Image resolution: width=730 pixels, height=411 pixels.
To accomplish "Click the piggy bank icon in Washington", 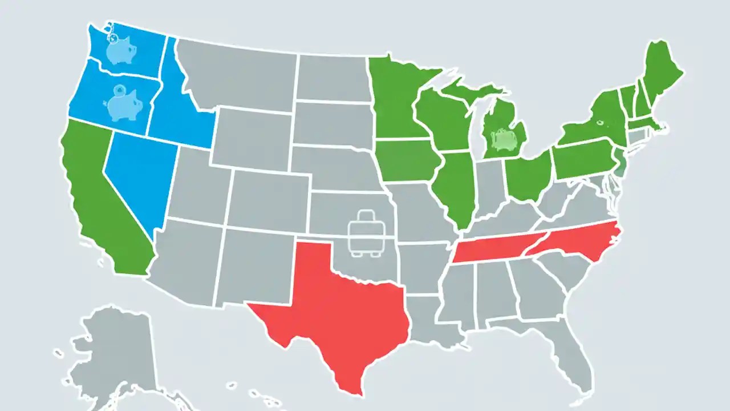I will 122,50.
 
